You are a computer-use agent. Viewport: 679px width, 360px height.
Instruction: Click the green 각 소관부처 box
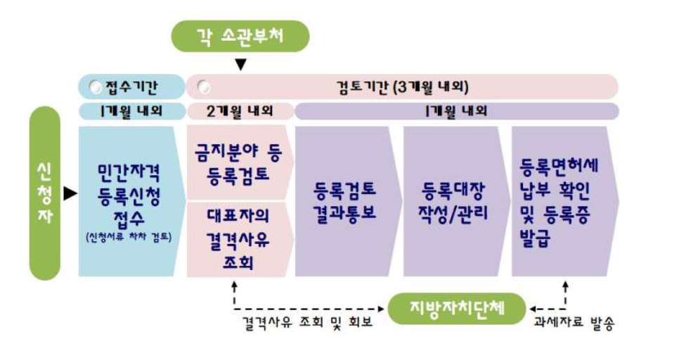tap(240, 36)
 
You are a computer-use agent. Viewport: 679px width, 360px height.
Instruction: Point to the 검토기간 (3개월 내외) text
tap(403, 87)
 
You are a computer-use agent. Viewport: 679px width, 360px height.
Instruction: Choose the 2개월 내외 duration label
tap(240, 111)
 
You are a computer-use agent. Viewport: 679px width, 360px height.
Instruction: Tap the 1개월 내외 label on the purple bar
tap(457, 111)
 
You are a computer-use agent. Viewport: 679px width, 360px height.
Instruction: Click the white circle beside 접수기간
tap(96, 87)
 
